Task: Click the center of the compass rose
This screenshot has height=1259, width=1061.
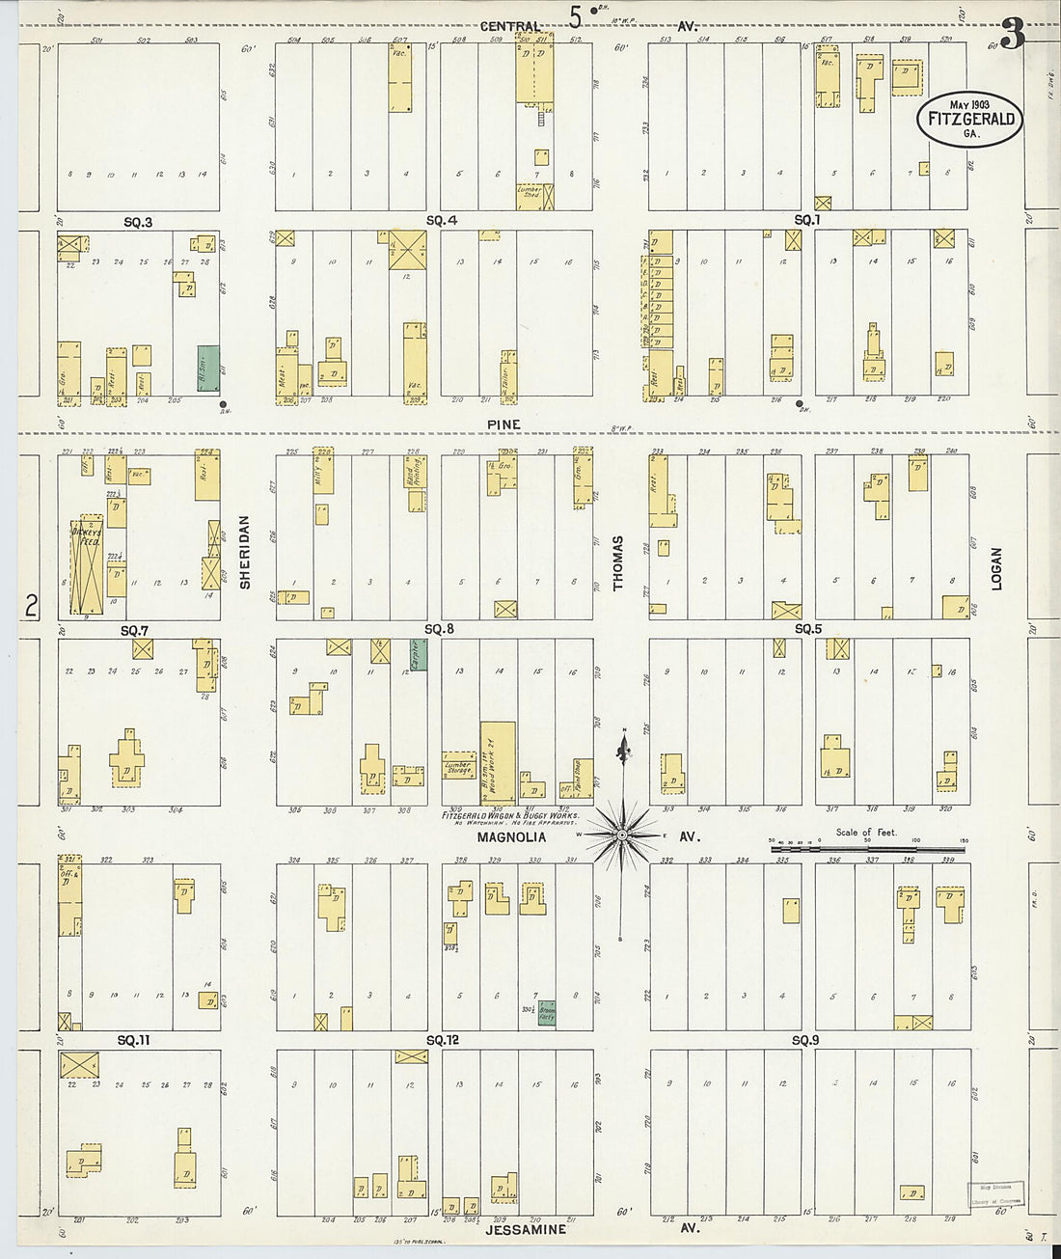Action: (623, 833)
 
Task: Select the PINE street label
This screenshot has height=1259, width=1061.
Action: (503, 424)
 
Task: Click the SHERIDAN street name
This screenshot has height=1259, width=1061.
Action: (245, 552)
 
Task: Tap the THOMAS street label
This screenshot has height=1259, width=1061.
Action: (618, 562)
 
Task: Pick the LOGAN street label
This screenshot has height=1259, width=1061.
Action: (996, 568)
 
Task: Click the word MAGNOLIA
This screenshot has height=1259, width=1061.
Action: (511, 837)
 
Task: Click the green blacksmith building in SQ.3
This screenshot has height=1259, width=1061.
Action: (208, 370)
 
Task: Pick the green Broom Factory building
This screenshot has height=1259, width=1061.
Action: (547, 1012)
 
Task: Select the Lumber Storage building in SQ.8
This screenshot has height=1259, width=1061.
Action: (459, 768)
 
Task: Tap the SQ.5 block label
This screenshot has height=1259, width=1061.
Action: (807, 629)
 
